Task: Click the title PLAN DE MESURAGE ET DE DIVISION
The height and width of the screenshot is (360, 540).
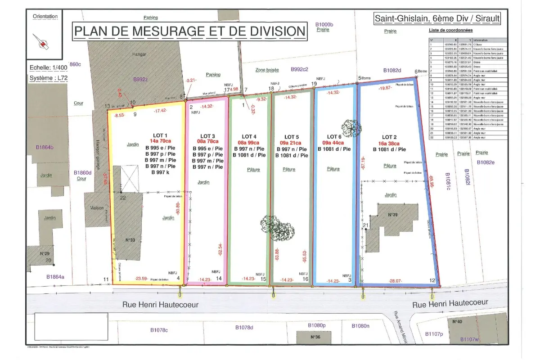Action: click(189, 31)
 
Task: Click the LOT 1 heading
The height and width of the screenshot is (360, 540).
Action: click(160, 135)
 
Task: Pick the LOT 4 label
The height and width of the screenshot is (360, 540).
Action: click(249, 136)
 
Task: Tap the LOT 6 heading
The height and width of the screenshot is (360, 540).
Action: click(334, 137)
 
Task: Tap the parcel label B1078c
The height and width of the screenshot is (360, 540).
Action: click(158, 330)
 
